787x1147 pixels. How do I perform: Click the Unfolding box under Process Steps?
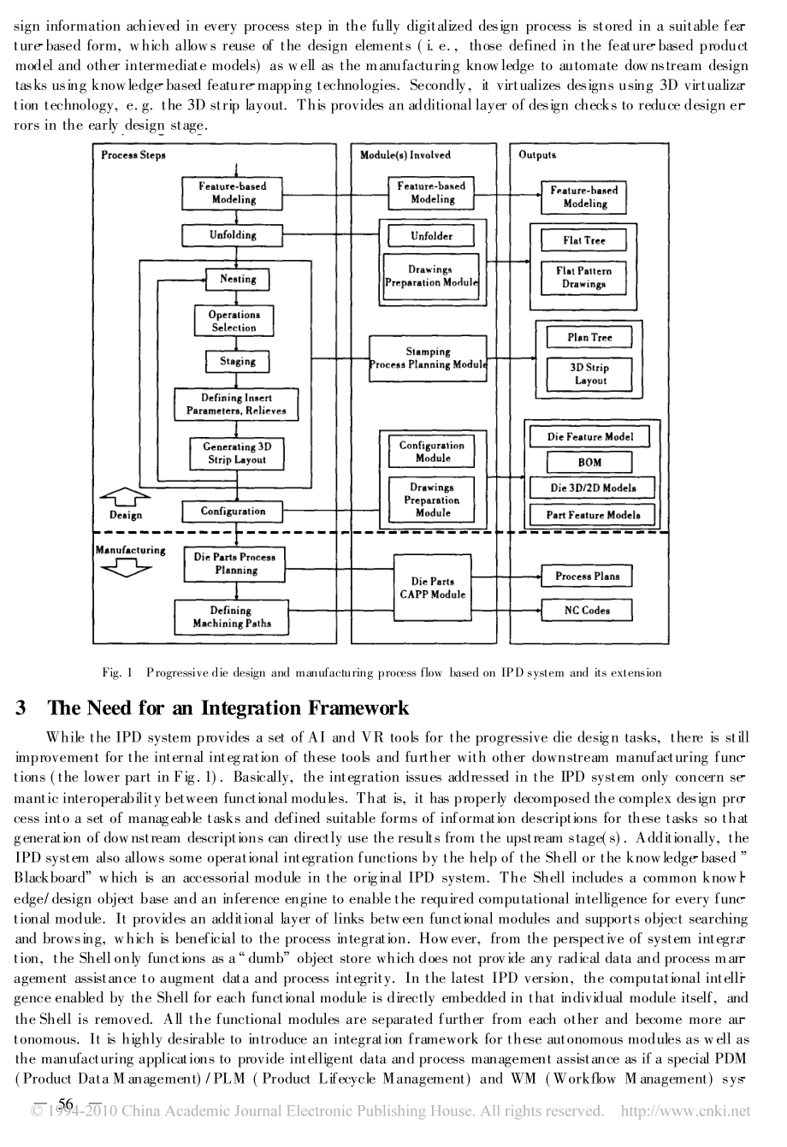232,235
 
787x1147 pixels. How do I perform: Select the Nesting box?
238,280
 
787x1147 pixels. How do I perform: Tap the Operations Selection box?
234,321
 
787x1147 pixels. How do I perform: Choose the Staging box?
238,362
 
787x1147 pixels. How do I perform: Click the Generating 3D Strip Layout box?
237,453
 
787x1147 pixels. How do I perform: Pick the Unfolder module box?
431,236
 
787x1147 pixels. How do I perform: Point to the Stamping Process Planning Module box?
428,358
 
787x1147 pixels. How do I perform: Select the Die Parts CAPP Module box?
433,588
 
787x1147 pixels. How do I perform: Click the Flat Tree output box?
583,240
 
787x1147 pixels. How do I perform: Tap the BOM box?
589,463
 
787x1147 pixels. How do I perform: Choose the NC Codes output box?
587,611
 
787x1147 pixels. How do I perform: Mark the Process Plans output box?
587,576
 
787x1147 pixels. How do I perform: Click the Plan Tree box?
589,338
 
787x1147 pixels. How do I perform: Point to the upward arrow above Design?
125,497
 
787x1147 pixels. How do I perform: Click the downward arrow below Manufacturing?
126,568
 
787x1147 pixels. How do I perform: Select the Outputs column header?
537,155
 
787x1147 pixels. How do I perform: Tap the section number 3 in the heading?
21,708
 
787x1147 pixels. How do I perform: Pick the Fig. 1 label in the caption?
117,672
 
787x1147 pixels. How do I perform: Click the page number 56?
66,1103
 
